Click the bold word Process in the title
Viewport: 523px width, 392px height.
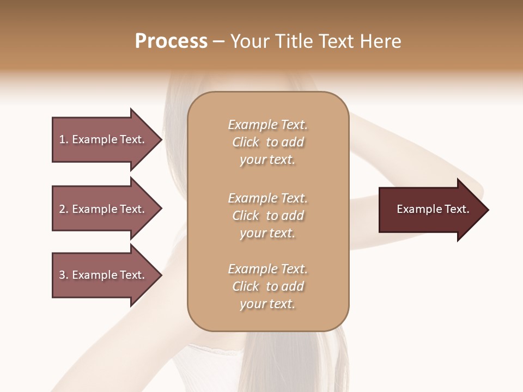(x=171, y=41)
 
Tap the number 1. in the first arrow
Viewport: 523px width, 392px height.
(x=64, y=139)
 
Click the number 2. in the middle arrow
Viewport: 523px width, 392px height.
(x=64, y=209)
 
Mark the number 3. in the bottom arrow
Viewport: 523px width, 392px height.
(x=64, y=275)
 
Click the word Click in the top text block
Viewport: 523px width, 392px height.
(x=246, y=143)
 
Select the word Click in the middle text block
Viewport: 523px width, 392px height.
(x=246, y=216)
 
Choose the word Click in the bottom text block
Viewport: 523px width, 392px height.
(x=246, y=286)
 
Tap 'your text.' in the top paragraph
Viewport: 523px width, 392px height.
(x=267, y=160)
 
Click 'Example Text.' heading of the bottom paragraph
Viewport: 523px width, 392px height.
(x=267, y=269)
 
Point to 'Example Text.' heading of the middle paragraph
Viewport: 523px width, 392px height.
(x=267, y=198)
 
